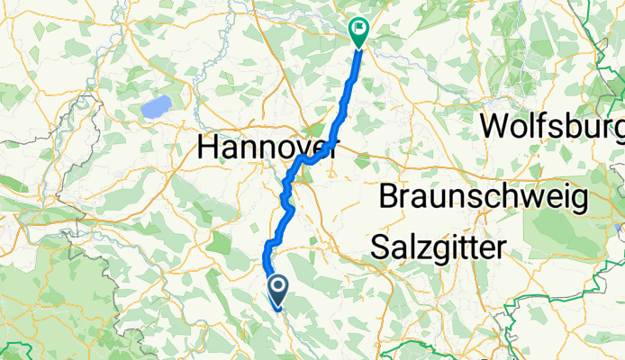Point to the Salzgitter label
pyautogui.click(x=439, y=247)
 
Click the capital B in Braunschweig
pyautogui.click(x=389, y=196)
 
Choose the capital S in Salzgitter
pyautogui.click(x=381, y=247)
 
